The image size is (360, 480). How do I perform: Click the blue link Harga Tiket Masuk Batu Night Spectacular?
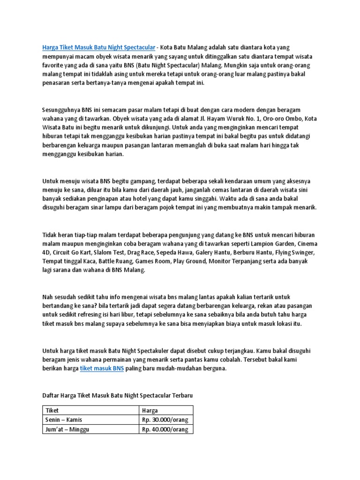(x=98, y=47)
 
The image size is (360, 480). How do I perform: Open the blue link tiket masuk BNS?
(x=102, y=369)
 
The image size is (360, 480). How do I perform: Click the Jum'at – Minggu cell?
(x=67, y=429)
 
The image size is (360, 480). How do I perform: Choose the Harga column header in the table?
(x=150, y=410)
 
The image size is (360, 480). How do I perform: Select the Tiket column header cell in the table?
(x=52, y=410)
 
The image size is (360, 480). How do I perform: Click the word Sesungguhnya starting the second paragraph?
(x=61, y=110)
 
